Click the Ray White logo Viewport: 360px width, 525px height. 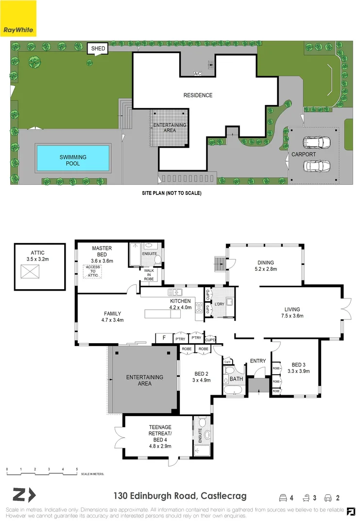18,18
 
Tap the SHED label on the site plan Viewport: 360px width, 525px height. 96,49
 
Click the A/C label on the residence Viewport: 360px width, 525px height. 198,74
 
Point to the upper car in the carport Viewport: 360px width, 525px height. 316,142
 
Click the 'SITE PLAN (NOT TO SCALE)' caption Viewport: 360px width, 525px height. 171,193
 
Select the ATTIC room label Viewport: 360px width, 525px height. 37,253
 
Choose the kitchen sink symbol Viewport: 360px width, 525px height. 175,292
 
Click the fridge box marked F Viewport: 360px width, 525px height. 164,338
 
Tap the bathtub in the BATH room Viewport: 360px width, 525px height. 236,390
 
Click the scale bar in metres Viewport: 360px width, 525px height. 42,470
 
